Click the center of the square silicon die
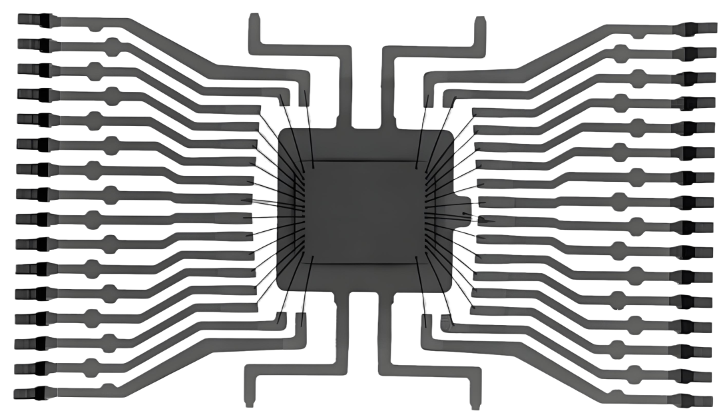coord(365,212)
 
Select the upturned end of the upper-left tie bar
coord(255,20)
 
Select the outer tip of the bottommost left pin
coord(17,392)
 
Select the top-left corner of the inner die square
coord(308,163)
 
